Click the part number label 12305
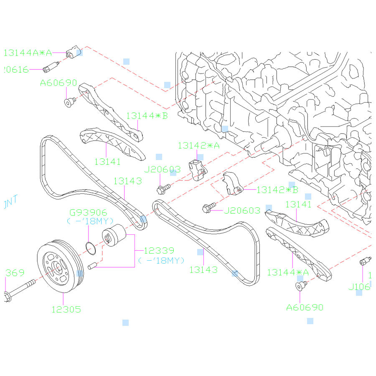pyautogui.click(x=66, y=310)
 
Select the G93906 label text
pyautogui.click(x=88, y=213)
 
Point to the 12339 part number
pyautogui.click(x=159, y=251)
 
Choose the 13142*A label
pyautogui.click(x=198, y=145)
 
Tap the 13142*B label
pyautogui.click(x=277, y=190)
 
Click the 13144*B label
pyautogui.click(x=147, y=115)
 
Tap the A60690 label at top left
pyautogui.click(x=58, y=83)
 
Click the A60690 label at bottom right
pyautogui.click(x=305, y=307)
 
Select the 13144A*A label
pyautogui.click(x=28, y=53)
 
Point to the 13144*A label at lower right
pyautogui.click(x=288, y=272)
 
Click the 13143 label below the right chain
pyautogui.click(x=203, y=270)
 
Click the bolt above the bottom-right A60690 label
pyautogui.click(x=300, y=286)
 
